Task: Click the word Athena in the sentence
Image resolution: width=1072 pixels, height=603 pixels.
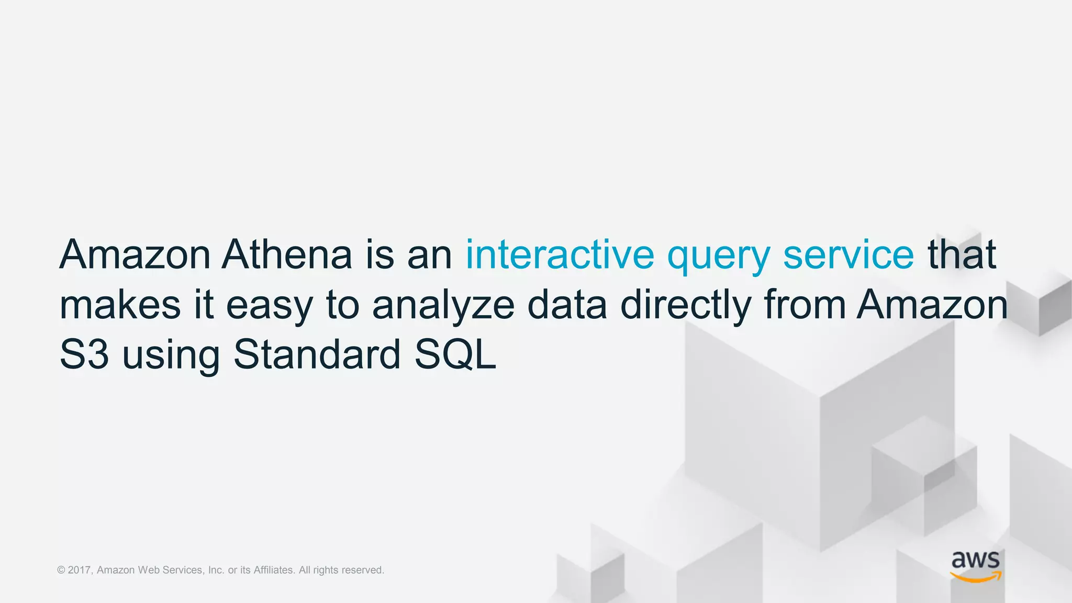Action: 286,254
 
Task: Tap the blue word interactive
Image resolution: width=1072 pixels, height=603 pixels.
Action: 560,254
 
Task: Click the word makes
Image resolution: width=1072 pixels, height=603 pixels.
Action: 120,305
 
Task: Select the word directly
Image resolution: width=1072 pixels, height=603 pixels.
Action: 686,306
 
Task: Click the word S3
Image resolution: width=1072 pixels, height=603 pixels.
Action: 84,355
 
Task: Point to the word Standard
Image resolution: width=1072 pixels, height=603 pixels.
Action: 317,354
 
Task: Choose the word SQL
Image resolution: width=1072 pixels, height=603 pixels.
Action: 455,355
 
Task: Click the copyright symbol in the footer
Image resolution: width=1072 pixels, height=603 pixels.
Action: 61,570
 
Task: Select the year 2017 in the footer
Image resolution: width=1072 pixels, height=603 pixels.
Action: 80,570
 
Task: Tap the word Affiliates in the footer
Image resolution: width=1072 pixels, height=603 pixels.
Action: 273,570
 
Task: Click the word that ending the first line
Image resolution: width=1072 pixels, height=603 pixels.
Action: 962,254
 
